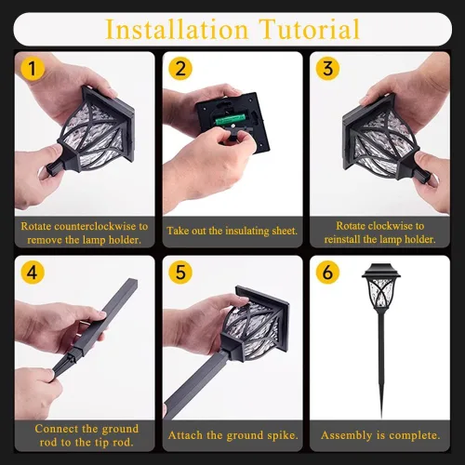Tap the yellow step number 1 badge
(x=33, y=69)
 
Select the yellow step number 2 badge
(x=180, y=69)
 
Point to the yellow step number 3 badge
(x=327, y=69)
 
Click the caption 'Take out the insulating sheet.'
(x=232, y=230)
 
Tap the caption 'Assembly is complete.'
(x=380, y=434)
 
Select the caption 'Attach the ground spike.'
(x=232, y=434)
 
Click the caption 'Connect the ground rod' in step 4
(x=86, y=429)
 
